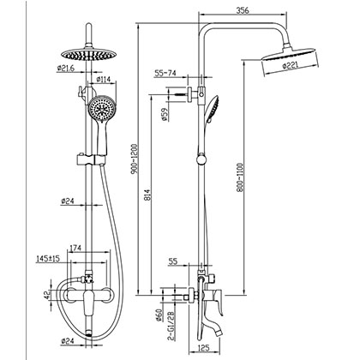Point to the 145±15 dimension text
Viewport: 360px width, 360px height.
[37, 257]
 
